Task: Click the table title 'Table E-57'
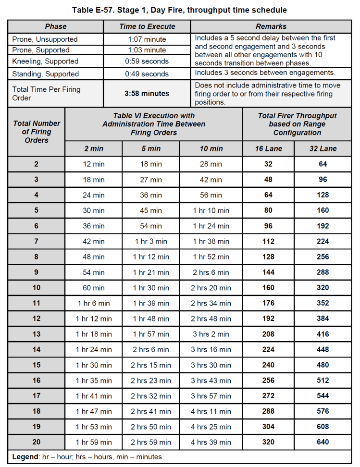coord(179,9)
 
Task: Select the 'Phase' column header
coord(56,26)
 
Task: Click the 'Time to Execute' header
coord(147,26)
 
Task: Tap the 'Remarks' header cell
coord(271,26)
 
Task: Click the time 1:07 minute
coord(147,39)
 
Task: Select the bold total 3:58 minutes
coord(147,94)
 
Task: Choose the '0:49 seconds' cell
coord(147,74)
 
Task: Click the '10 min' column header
coord(211,148)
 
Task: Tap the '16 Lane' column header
coord(268,148)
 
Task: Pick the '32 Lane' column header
coord(323,148)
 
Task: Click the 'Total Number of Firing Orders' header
coord(37,132)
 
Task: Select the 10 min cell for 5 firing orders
coord(211,210)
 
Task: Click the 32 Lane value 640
coord(323,442)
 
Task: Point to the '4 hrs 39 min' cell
coord(211,442)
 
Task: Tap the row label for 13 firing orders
coord(37,334)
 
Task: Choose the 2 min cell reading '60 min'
coord(93,288)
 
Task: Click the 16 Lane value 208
coord(268,334)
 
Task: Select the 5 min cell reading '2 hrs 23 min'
coord(151,381)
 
